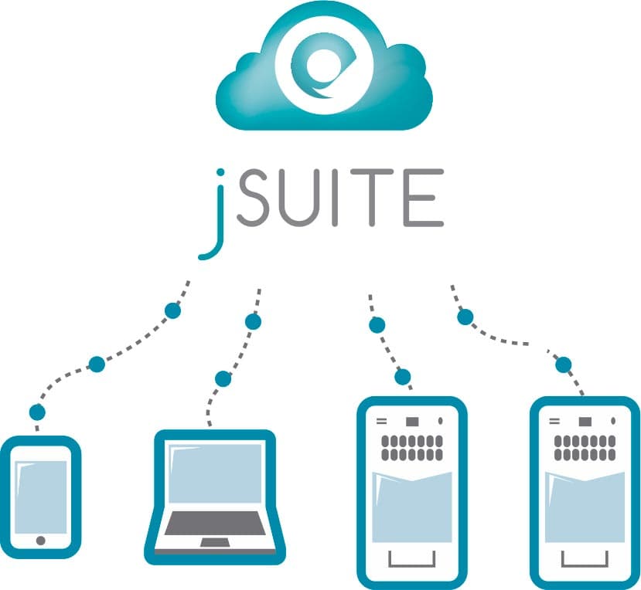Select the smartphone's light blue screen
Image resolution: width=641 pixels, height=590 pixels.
[x=41, y=494]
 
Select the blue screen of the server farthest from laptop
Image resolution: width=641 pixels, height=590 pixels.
[x=585, y=506]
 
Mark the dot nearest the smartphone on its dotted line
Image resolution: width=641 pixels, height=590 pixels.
[x=37, y=412]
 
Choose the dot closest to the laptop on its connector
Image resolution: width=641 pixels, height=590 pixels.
[x=223, y=378]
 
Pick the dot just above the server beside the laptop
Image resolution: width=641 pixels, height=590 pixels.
[x=403, y=377]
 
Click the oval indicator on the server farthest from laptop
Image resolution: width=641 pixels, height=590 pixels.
[x=614, y=422]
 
